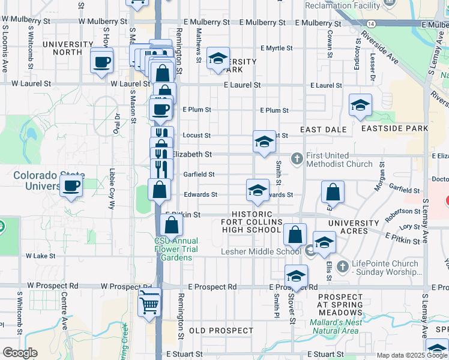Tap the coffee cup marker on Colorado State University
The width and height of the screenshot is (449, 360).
[71, 185]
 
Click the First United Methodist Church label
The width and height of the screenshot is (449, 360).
[339, 159]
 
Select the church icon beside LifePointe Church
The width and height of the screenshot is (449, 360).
[342, 266]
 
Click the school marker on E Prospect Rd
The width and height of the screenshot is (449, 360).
[296, 277]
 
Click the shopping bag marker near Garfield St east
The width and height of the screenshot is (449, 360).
[333, 193]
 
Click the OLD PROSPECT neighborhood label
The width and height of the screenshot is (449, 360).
[221, 331]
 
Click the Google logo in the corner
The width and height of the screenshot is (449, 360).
[20, 352]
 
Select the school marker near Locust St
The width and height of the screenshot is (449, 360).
[264, 142]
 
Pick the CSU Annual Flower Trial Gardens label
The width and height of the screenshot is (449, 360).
[176, 249]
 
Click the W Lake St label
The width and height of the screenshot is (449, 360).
[40, 255]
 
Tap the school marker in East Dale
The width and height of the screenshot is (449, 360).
[360, 105]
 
